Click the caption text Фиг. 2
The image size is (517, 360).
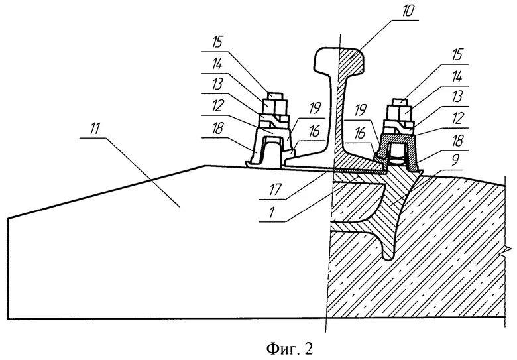coord(258,346)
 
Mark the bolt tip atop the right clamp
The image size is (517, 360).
coord(400,101)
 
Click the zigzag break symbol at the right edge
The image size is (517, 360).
coord(507,250)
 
